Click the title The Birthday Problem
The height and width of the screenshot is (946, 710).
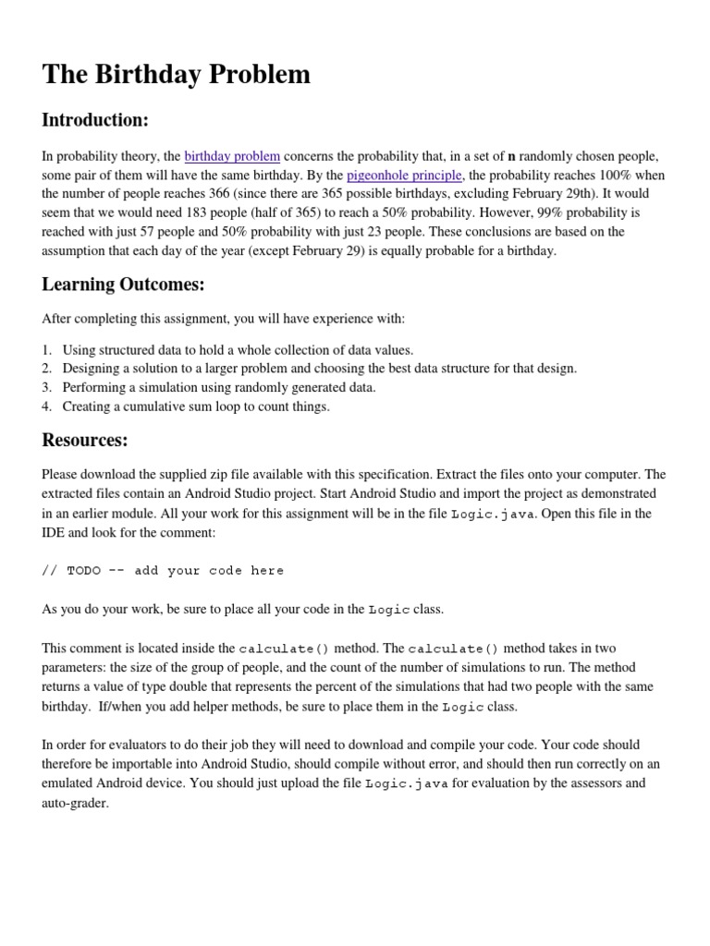point(177,75)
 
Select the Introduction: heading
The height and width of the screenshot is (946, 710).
point(95,120)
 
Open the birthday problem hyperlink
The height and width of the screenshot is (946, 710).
point(232,156)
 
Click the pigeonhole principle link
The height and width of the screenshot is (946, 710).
point(404,175)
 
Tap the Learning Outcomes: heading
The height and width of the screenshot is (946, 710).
point(123,285)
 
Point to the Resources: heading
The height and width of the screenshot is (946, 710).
point(85,439)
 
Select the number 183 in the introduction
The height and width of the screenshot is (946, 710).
point(184,212)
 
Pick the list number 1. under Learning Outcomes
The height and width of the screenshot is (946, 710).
point(47,349)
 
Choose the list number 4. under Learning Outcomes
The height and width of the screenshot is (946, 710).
point(47,406)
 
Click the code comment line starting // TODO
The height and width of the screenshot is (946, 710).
point(163,571)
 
